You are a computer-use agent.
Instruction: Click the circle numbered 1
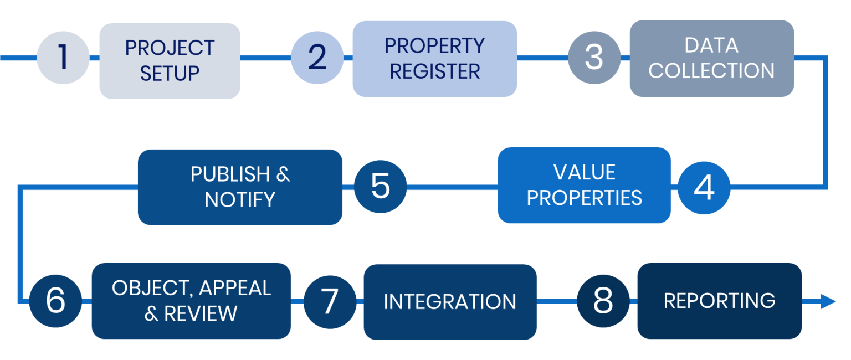[63, 58]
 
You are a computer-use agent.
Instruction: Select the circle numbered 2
[317, 58]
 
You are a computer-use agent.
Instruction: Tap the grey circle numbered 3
[594, 58]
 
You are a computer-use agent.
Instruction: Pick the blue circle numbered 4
[704, 188]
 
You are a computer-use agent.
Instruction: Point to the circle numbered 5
[381, 187]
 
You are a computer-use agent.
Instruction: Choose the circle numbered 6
[55, 301]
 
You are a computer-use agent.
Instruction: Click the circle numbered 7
[330, 301]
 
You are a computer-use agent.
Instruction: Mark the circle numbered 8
[603, 301]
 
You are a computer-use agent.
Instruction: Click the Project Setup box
[170, 60]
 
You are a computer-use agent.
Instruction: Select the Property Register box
[434, 59]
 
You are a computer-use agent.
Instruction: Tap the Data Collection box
[711, 58]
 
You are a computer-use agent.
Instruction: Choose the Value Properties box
[584, 185]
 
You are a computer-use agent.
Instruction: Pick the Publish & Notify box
[240, 187]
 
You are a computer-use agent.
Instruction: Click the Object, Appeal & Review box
[191, 301]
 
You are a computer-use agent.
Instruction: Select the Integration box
[450, 302]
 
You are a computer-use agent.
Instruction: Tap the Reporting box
[719, 301]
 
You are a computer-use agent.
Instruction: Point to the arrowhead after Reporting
[828, 301]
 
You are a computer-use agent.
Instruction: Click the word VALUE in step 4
[584, 172]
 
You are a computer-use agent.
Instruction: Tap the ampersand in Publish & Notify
[283, 174]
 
